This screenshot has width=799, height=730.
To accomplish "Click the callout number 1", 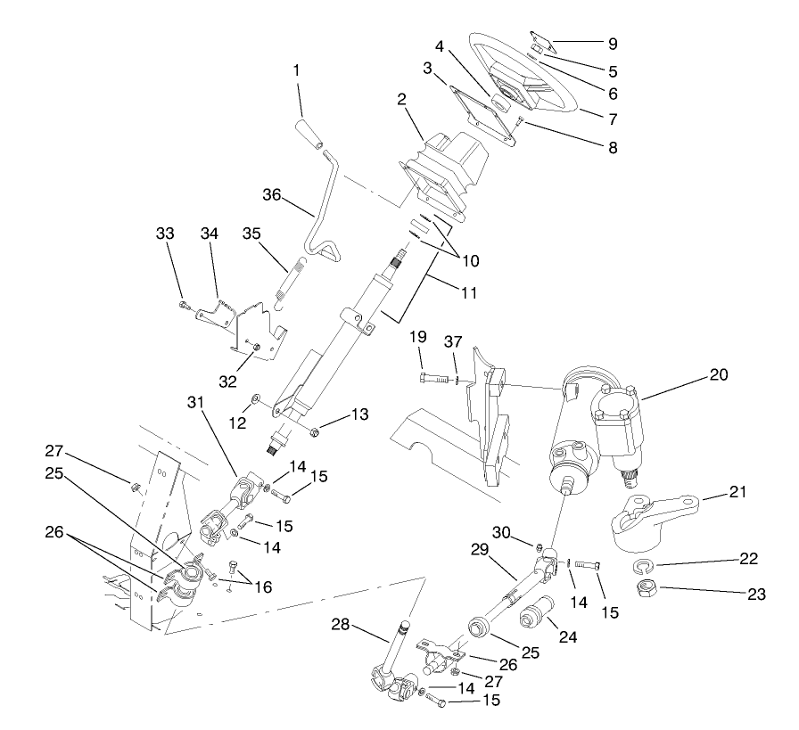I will (x=297, y=69).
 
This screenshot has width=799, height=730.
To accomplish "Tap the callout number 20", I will (x=719, y=376).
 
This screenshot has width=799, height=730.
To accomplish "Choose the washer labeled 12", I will (x=255, y=397).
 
